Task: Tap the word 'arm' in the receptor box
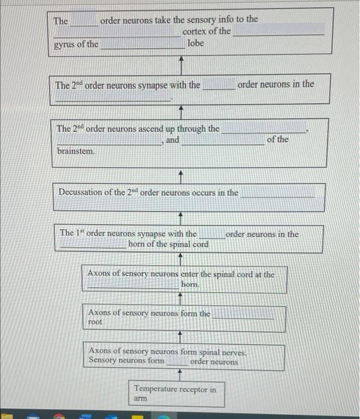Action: click(x=140, y=398)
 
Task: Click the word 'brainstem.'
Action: click(x=76, y=151)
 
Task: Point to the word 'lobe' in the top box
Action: click(x=196, y=44)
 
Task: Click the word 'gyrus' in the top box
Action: click(x=64, y=44)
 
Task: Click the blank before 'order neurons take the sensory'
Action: click(x=84, y=22)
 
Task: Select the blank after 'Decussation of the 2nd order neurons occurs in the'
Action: click(x=277, y=193)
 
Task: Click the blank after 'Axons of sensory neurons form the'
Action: click(x=244, y=314)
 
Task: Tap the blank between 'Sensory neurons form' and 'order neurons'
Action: click(x=177, y=362)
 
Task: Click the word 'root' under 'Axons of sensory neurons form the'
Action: click(x=95, y=322)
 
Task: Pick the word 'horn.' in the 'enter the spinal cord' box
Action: click(x=190, y=286)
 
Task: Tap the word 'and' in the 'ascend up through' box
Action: click(x=173, y=140)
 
